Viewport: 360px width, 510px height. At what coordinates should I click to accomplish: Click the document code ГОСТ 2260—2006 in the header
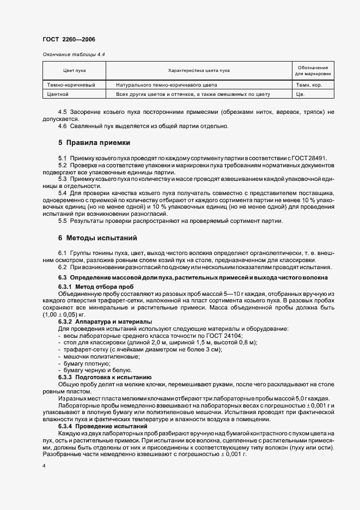pyautogui.click(x=68, y=40)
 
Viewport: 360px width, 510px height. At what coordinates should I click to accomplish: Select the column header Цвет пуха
pyautogui.click(x=75, y=71)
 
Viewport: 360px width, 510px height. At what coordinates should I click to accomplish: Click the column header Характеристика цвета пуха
pyautogui.click(x=199, y=71)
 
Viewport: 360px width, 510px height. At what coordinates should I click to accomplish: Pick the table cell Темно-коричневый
pyautogui.click(x=72, y=85)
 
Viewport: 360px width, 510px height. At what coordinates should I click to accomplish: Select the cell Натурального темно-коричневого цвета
pyautogui.click(x=166, y=85)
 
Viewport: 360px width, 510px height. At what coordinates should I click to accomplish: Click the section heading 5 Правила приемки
pyautogui.click(x=94, y=143)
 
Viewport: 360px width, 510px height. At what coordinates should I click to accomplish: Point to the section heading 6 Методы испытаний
pyautogui.click(x=97, y=238)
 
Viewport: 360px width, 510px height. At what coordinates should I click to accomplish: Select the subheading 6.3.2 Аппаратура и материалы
pyautogui.click(x=105, y=322)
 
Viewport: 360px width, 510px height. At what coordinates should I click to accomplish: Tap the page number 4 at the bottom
pyautogui.click(x=44, y=467)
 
